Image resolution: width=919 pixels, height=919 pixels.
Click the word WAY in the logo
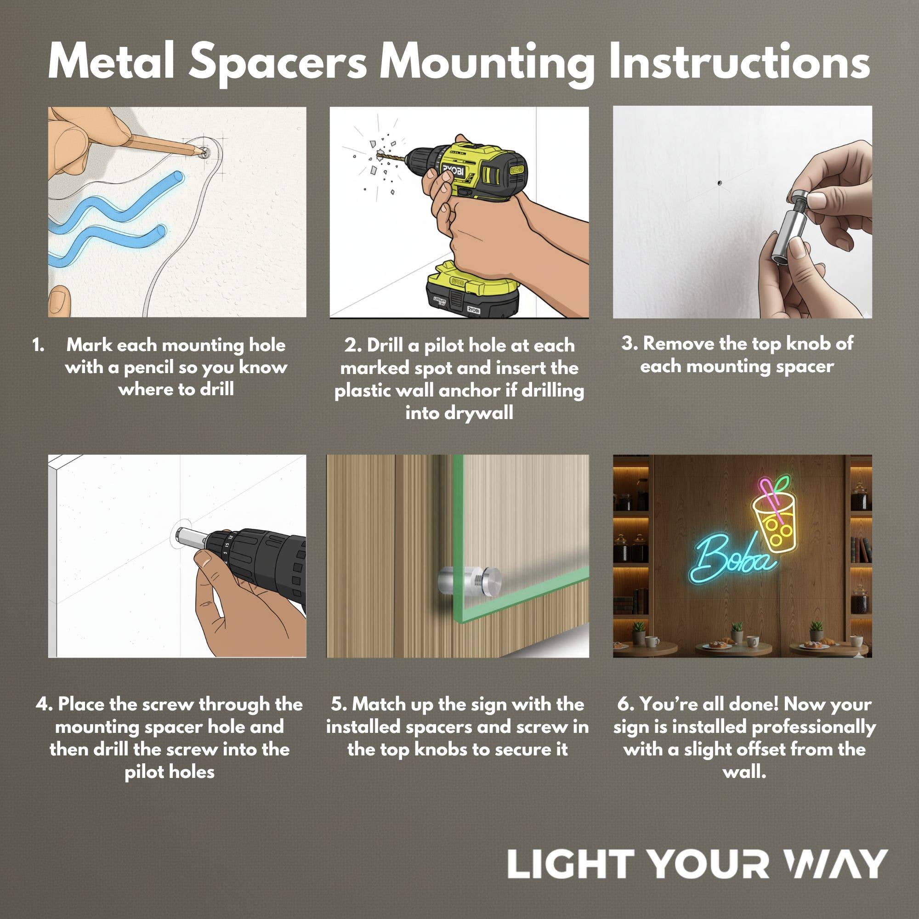[835, 863]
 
